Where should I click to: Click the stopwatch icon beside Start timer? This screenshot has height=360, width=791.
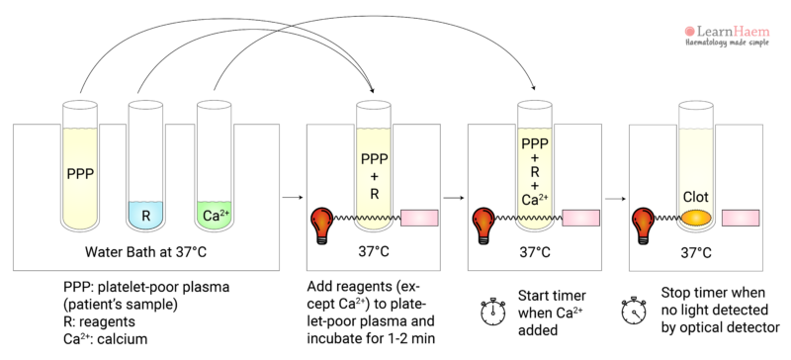[x=491, y=310]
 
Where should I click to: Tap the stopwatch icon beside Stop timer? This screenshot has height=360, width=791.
[x=633, y=310]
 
